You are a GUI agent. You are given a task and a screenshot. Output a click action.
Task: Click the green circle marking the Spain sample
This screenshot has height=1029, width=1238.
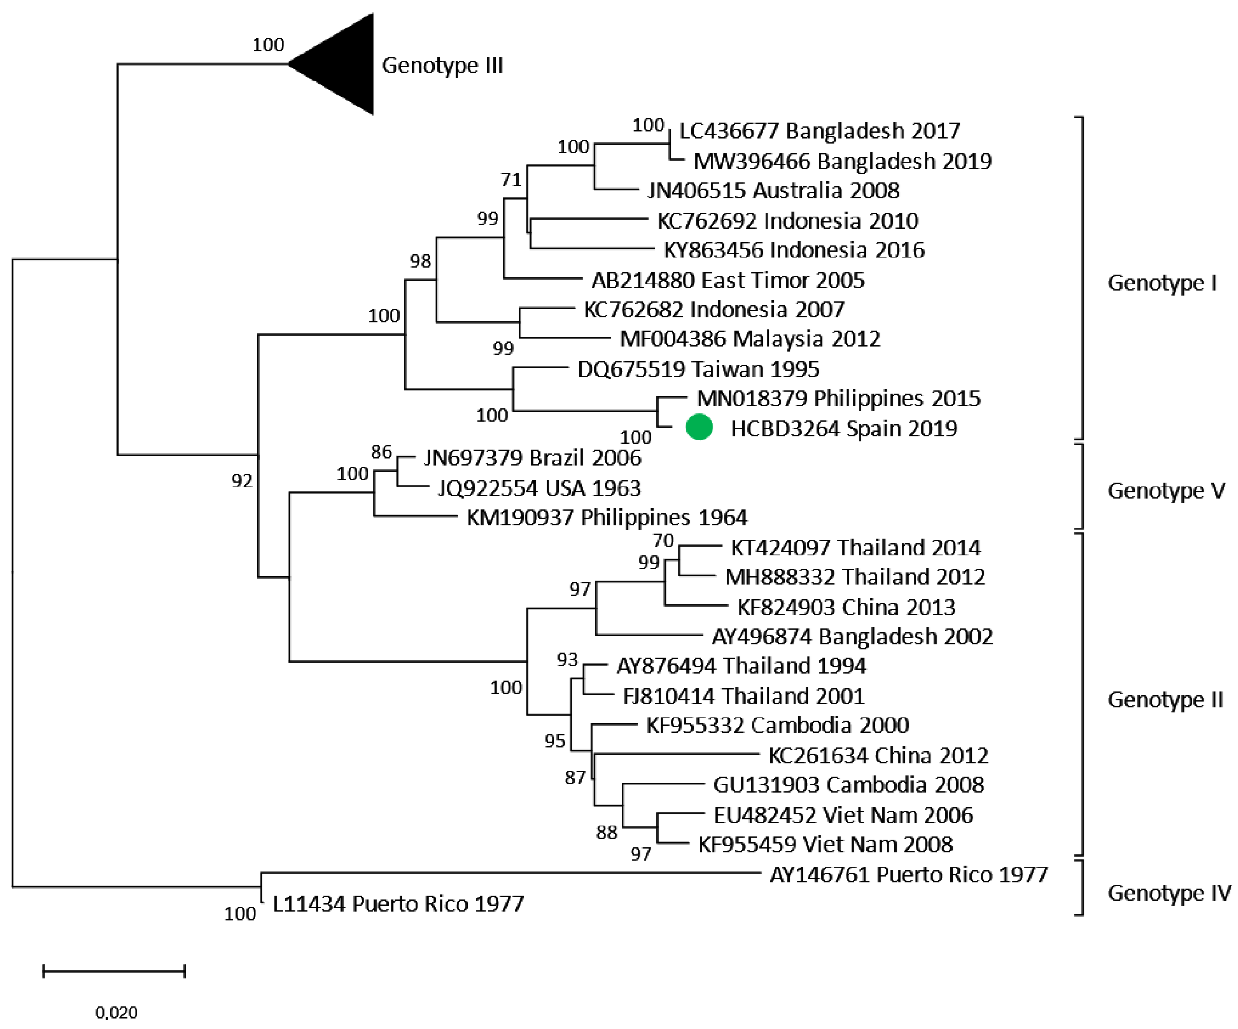click(x=699, y=428)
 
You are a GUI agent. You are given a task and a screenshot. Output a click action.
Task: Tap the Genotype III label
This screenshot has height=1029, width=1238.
click(x=442, y=65)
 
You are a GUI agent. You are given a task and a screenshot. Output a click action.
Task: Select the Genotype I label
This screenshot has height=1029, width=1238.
click(x=1161, y=283)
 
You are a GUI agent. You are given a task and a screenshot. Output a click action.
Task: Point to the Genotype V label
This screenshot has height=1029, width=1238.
click(x=1166, y=490)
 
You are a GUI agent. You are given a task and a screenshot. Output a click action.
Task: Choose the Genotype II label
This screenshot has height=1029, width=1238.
click(x=1165, y=700)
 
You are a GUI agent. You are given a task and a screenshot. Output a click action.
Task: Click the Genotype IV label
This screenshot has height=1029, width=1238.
click(x=1169, y=893)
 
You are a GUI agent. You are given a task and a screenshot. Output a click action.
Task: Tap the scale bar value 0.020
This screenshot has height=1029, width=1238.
click(x=116, y=1013)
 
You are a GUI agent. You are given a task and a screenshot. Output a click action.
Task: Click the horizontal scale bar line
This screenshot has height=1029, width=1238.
click(x=114, y=971)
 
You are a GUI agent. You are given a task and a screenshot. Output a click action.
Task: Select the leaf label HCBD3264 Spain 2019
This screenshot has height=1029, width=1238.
click(x=844, y=429)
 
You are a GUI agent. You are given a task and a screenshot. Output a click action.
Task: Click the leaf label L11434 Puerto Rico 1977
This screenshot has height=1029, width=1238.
click(x=398, y=904)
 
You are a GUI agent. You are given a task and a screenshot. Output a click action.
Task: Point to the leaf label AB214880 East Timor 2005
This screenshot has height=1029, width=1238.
click(x=727, y=281)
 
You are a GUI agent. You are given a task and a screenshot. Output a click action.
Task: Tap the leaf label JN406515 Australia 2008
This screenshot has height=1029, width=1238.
click(x=773, y=190)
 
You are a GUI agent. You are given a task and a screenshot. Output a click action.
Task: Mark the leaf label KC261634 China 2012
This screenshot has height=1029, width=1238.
click(x=878, y=756)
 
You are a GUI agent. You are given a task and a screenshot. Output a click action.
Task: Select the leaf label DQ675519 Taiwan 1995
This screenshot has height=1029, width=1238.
click(x=698, y=369)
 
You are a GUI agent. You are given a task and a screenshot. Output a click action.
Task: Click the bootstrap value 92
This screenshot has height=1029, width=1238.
click(x=242, y=481)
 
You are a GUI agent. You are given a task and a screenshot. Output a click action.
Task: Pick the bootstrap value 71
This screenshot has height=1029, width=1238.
click(x=511, y=179)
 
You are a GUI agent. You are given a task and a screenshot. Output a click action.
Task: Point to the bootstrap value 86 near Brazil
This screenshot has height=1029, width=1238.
click(x=381, y=452)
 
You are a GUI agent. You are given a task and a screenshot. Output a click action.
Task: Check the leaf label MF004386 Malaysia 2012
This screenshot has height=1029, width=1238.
click(x=750, y=339)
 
